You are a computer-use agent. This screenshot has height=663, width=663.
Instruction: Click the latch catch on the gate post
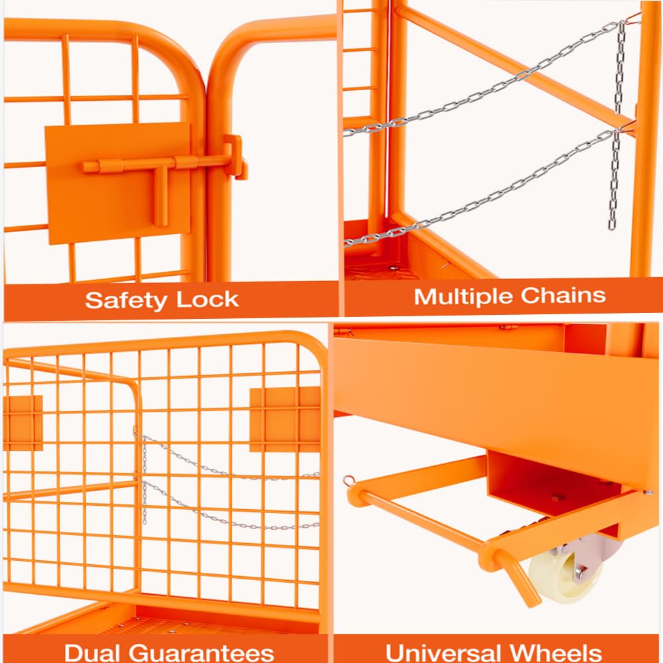pos(236,158)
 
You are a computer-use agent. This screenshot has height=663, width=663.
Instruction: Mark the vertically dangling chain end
pos(613,179)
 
